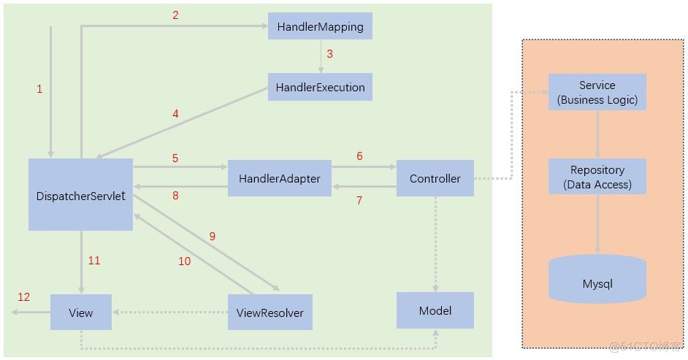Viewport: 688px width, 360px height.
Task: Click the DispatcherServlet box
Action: (x=80, y=195)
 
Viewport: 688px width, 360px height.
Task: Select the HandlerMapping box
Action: (x=320, y=26)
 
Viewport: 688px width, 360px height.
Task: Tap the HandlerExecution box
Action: (x=320, y=87)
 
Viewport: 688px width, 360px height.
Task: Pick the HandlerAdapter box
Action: (x=279, y=178)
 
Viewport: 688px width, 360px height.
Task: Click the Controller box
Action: (x=435, y=178)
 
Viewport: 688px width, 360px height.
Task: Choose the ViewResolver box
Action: (x=270, y=313)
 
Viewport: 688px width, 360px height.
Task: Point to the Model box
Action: (x=435, y=310)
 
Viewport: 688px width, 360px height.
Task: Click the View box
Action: (x=80, y=313)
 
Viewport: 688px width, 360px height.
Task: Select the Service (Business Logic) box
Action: (x=597, y=92)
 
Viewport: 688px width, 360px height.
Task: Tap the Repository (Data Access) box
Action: (x=597, y=177)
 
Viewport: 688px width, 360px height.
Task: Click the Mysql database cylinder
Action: (x=597, y=280)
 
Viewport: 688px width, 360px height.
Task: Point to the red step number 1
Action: (x=39, y=89)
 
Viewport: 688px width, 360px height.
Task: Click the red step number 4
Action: (x=175, y=114)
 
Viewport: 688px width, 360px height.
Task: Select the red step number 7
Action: (x=359, y=200)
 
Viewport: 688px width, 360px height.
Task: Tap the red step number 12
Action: (x=24, y=296)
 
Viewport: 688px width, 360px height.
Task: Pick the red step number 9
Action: (x=213, y=236)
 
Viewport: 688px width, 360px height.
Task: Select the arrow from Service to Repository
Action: (x=597, y=134)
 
